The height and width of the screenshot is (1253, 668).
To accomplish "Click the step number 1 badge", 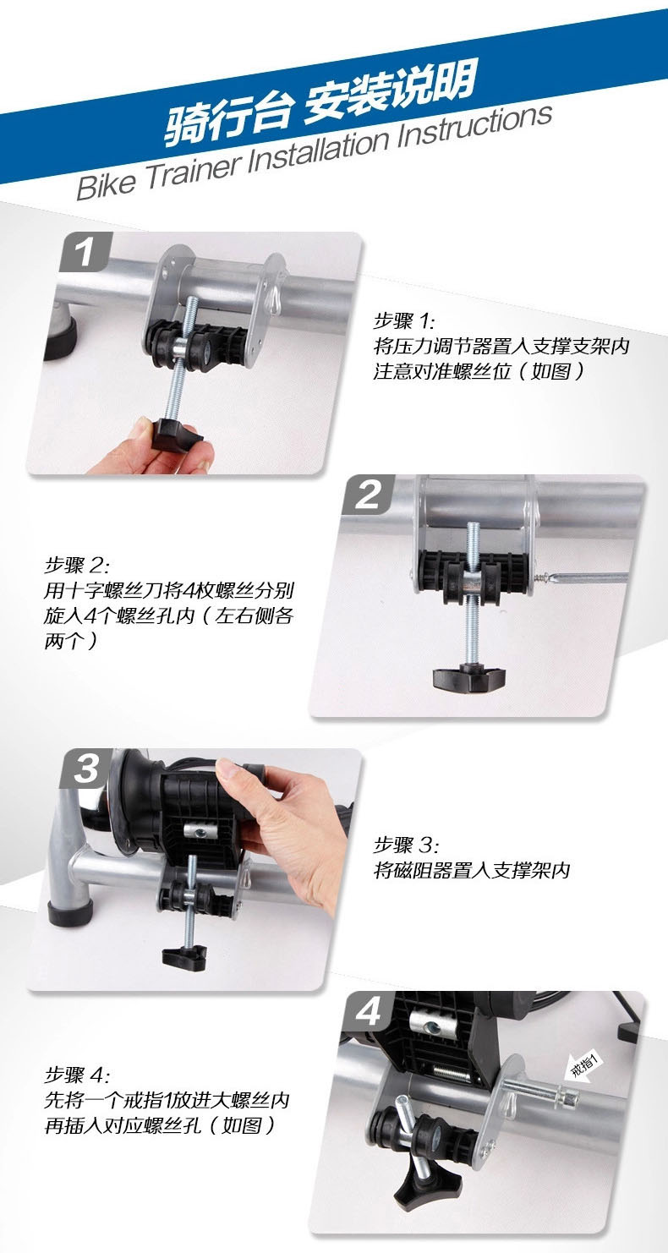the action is [x=85, y=252].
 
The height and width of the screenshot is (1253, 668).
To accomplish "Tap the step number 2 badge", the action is [x=368, y=495].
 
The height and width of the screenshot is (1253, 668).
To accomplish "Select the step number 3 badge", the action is [x=87, y=769].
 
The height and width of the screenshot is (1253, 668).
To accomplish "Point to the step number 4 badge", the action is [x=368, y=1011].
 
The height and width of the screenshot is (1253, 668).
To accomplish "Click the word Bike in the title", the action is [x=106, y=183].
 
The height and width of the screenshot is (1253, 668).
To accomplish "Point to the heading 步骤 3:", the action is [x=406, y=844].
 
